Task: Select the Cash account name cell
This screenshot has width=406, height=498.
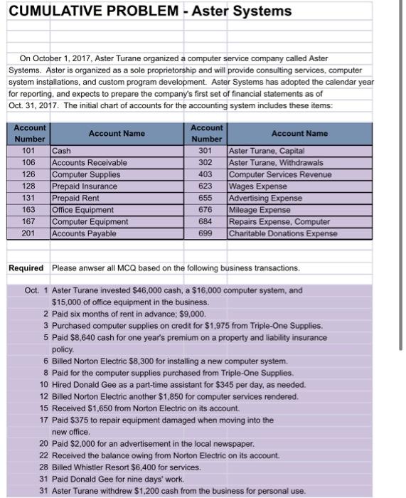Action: coord(62,151)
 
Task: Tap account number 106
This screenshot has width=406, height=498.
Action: coord(29,163)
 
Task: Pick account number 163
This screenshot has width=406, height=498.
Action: coord(29,210)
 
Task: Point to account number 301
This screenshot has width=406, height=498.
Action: coord(206,151)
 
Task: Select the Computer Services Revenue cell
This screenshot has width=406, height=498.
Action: coord(279,174)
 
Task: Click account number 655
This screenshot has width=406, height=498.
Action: coord(206,198)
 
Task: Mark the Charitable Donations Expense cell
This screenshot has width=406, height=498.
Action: coord(283,233)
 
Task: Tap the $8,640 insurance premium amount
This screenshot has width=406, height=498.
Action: coord(85,337)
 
